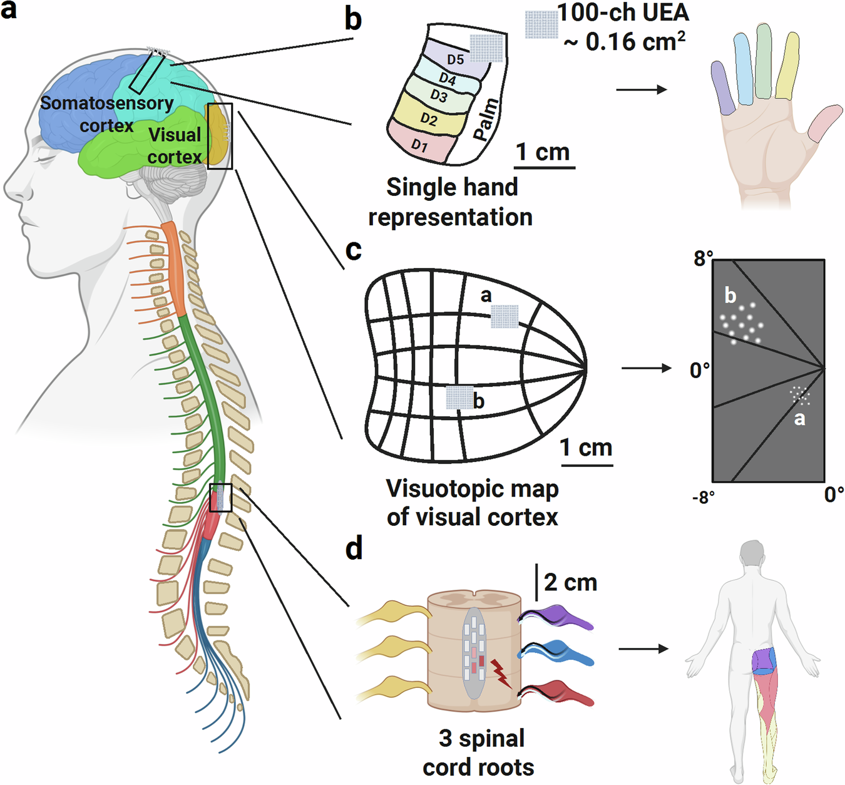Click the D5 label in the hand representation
455,59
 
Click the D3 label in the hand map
439,96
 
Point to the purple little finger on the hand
722,88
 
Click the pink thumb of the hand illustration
824,123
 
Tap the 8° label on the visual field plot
703,259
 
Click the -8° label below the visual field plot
703,497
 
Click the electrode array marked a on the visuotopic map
504,317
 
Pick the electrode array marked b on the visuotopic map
459,398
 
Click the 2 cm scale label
570,583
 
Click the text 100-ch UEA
623,13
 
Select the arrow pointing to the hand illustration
641,90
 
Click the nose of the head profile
9,188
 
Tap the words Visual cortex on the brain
175,146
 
